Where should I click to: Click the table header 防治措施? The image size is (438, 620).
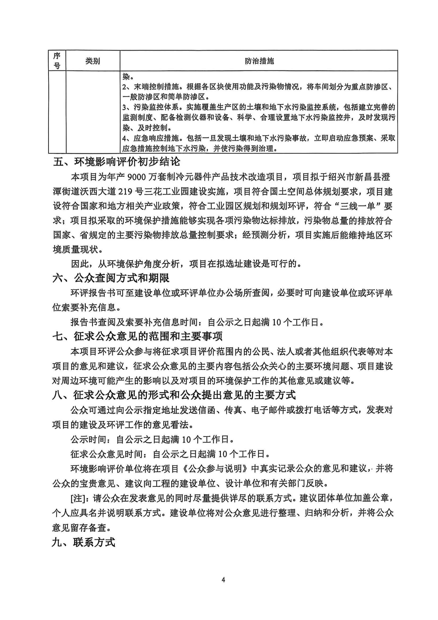[259, 61]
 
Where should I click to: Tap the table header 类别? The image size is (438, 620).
[93, 61]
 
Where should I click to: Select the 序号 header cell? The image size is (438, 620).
[57, 61]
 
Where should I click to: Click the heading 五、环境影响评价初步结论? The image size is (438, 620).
[117, 162]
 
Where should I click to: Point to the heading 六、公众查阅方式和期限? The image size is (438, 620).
[111, 278]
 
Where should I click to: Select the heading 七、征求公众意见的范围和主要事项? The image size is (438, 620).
[137, 337]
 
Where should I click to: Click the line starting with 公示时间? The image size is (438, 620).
[152, 440]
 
